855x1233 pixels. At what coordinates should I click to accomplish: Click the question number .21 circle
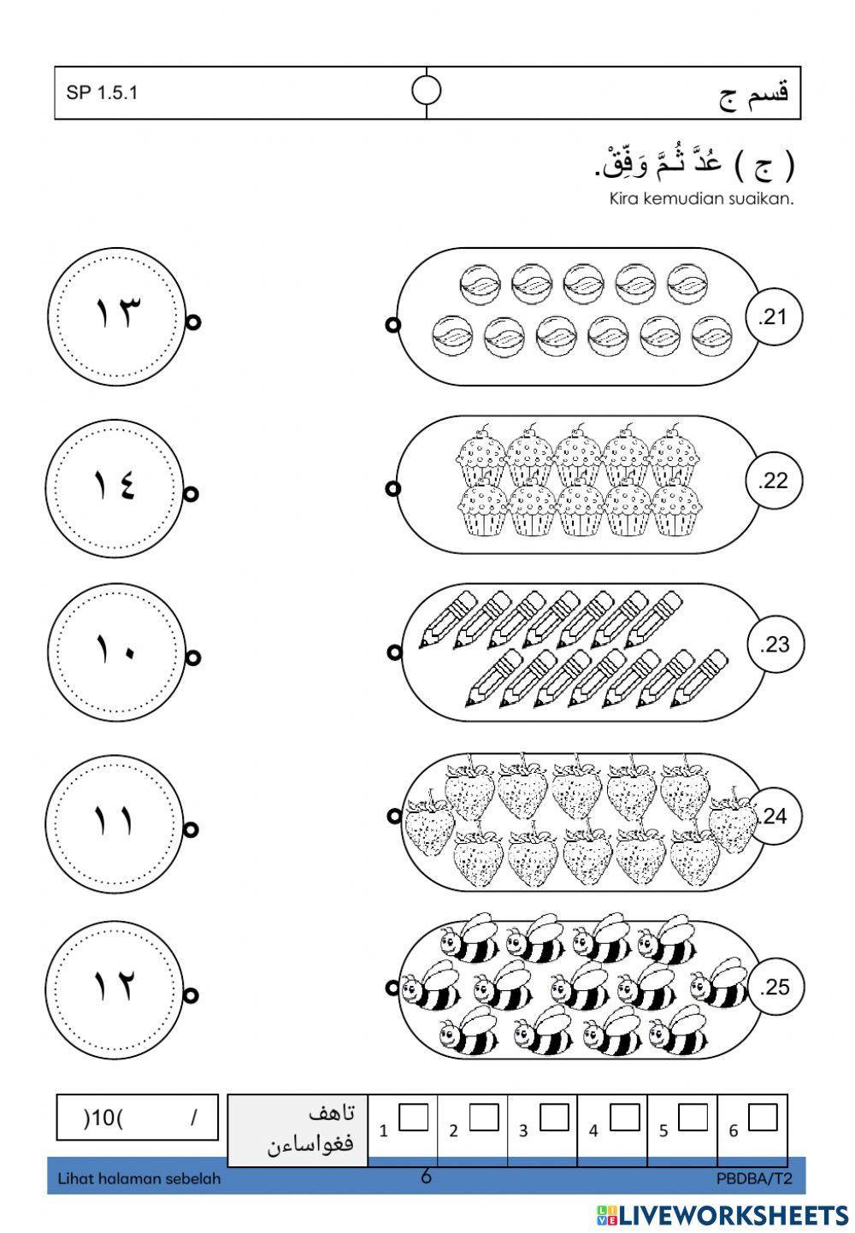tap(774, 317)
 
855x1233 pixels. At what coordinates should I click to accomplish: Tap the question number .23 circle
tap(775, 644)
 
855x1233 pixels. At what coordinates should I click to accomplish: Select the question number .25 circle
tap(775, 988)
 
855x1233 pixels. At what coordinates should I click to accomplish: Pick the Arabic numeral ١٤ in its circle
tap(115, 487)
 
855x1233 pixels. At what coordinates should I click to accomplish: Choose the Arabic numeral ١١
tap(115, 822)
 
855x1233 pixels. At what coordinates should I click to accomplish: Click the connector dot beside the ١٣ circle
tap(193, 322)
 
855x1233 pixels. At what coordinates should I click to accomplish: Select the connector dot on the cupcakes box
tap(393, 488)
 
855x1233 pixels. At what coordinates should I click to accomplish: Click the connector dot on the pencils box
tap(394, 652)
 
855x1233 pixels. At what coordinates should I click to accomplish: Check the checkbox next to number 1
tap(413, 1118)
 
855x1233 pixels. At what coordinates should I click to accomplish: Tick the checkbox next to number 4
tap(624, 1118)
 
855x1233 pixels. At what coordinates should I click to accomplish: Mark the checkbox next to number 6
tap(763, 1118)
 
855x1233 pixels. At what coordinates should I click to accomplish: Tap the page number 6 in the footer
tap(426, 1177)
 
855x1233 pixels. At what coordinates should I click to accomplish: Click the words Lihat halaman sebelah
tap(139, 1179)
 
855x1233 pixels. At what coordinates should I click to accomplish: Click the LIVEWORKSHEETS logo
tap(722, 1215)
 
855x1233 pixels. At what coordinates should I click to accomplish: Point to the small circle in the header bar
tap(426, 90)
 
